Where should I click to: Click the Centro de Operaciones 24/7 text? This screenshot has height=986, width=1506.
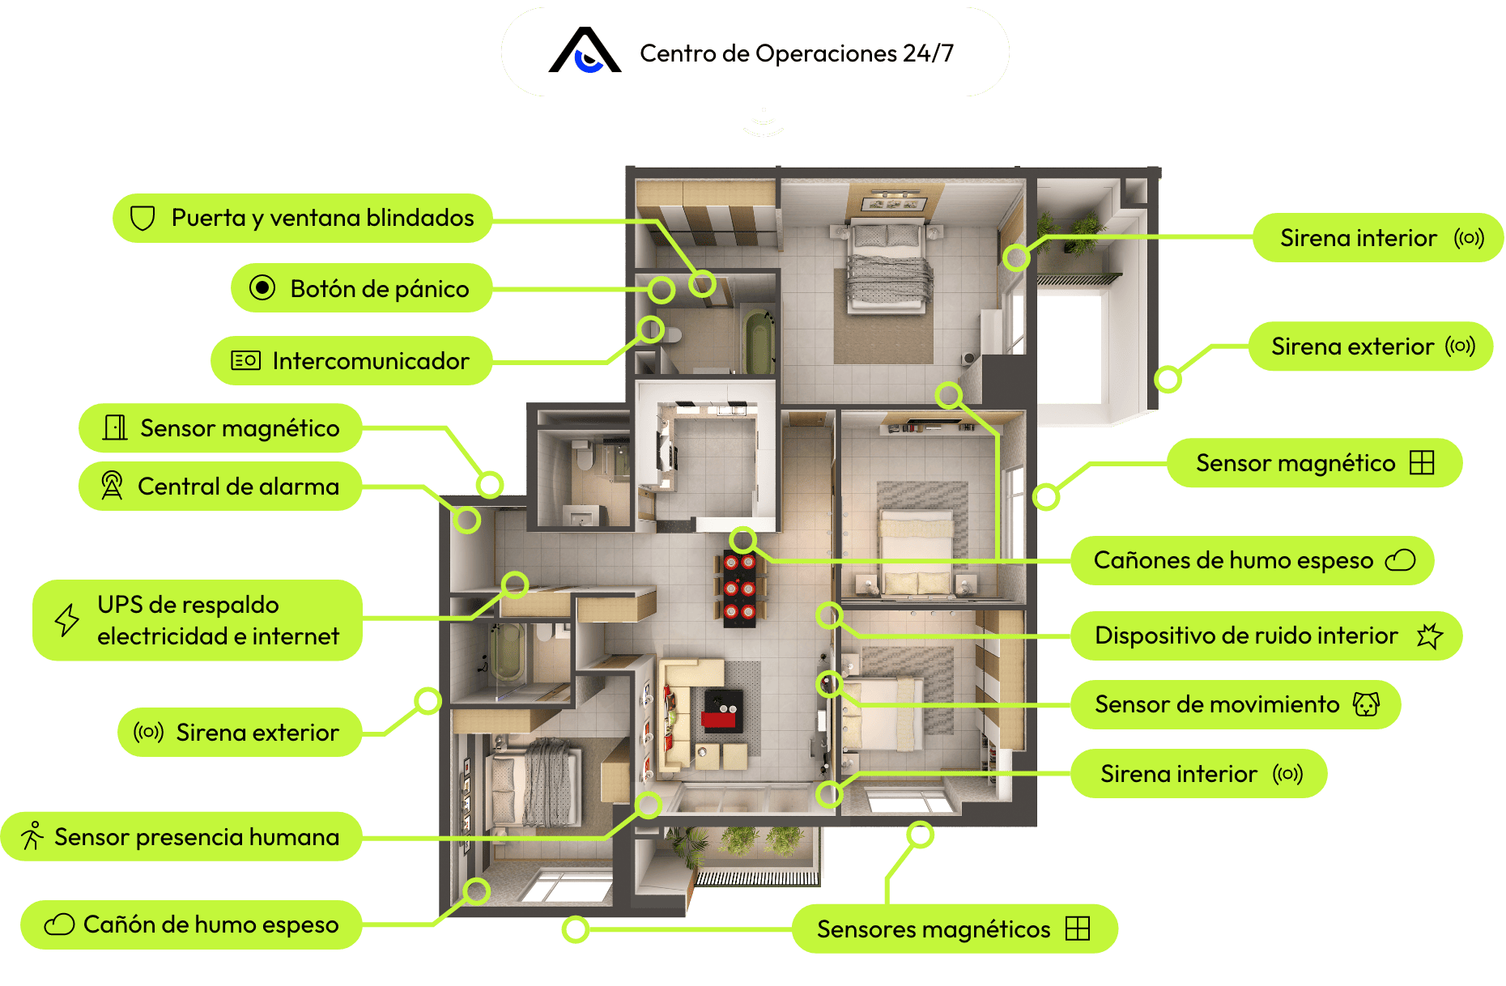[797, 53]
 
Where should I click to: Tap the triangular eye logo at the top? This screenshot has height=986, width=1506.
[585, 51]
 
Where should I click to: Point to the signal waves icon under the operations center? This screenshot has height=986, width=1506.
[763, 123]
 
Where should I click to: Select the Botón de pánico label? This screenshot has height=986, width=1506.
[379, 289]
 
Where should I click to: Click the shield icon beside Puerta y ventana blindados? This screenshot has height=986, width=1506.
[143, 218]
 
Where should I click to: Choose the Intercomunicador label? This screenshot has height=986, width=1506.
[370, 361]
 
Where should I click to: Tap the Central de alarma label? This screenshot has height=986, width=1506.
[238, 487]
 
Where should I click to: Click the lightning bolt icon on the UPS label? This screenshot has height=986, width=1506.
[67, 620]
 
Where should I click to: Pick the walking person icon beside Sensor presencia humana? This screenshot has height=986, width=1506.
[32, 836]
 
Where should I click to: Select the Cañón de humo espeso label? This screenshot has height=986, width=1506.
[211, 924]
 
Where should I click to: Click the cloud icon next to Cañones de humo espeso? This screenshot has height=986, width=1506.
[1401, 560]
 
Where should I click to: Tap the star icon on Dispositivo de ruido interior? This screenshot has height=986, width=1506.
[1430, 635]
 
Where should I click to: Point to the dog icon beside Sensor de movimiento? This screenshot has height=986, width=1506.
[1367, 704]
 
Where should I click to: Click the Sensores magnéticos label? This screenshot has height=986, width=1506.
[933, 929]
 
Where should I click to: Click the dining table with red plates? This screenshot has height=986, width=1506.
[739, 589]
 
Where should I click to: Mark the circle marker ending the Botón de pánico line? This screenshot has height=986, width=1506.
[662, 290]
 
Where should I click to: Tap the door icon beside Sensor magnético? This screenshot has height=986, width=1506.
[115, 427]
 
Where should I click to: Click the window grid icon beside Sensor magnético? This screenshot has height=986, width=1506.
[1422, 463]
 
